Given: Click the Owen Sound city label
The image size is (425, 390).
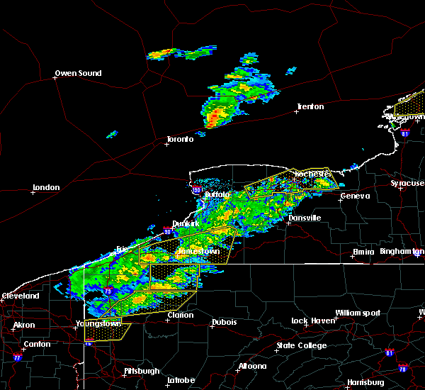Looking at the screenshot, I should coord(79,73).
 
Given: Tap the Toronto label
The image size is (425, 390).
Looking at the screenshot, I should coord(180,139).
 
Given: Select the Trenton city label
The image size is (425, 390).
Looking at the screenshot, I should coord(310,106).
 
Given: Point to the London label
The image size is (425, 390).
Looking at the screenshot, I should coord(46,187).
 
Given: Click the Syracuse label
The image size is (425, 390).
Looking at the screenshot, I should coord(407,183).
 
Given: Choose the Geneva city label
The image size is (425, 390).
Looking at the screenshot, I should coord(354,196).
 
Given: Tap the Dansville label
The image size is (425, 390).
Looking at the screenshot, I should coord(305,218).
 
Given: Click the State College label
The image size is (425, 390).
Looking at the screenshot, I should coord(302,345).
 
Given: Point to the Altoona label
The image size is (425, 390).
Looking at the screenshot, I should coord(253,366).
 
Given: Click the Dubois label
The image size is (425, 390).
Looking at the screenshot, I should coord(224,323).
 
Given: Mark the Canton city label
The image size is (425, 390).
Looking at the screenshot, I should coord(37,344).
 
